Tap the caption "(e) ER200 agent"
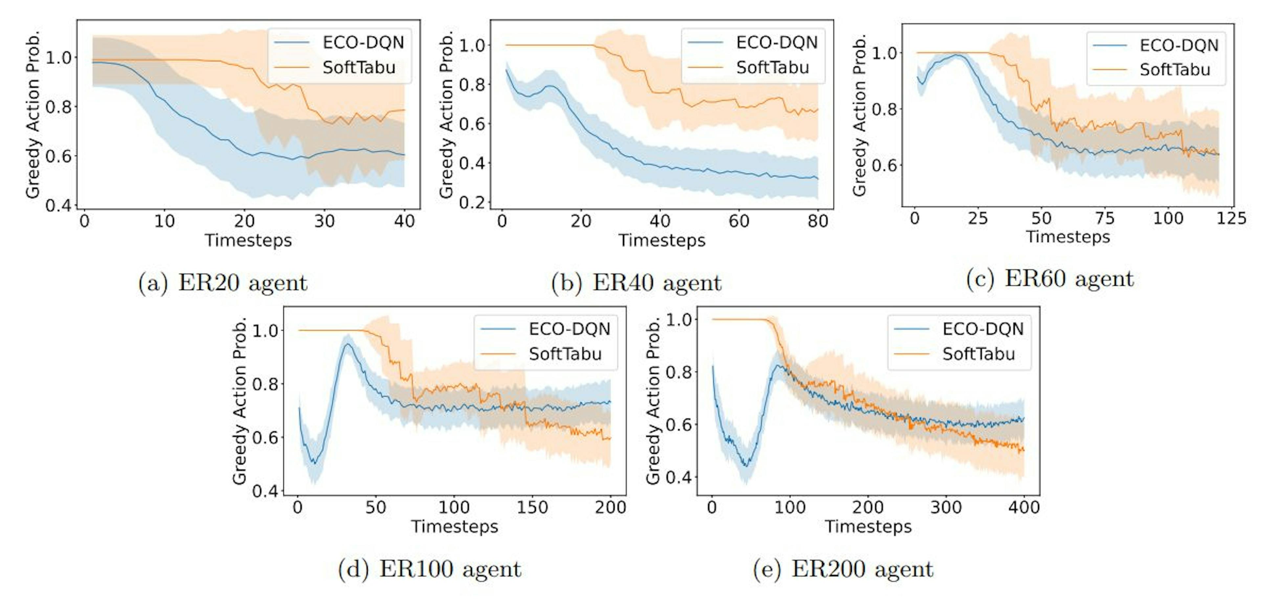point(843,569)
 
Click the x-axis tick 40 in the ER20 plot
point(404,221)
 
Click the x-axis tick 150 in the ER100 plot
point(532,507)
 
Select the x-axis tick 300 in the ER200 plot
point(946,507)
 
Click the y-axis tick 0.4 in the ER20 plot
point(58,205)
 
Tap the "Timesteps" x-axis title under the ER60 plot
point(1068,237)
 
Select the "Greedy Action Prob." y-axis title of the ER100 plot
point(239,401)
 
